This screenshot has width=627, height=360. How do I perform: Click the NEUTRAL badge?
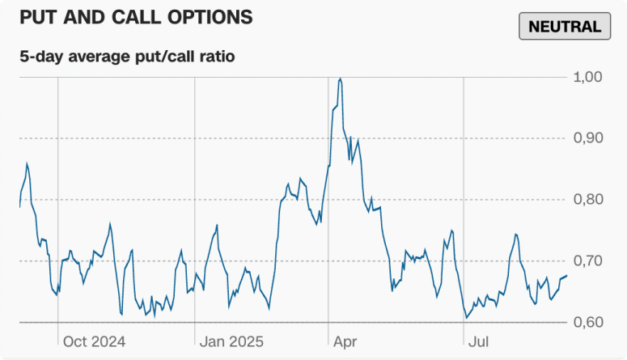(x=564, y=26)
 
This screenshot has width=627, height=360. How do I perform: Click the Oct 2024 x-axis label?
(x=94, y=341)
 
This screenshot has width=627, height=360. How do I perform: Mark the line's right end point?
(x=567, y=276)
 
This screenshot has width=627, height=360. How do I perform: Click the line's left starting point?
(x=19, y=207)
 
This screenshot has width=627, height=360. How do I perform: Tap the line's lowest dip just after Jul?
(x=466, y=318)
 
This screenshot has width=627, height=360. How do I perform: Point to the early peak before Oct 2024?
(x=27, y=163)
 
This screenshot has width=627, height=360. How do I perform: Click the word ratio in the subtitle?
(x=217, y=57)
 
